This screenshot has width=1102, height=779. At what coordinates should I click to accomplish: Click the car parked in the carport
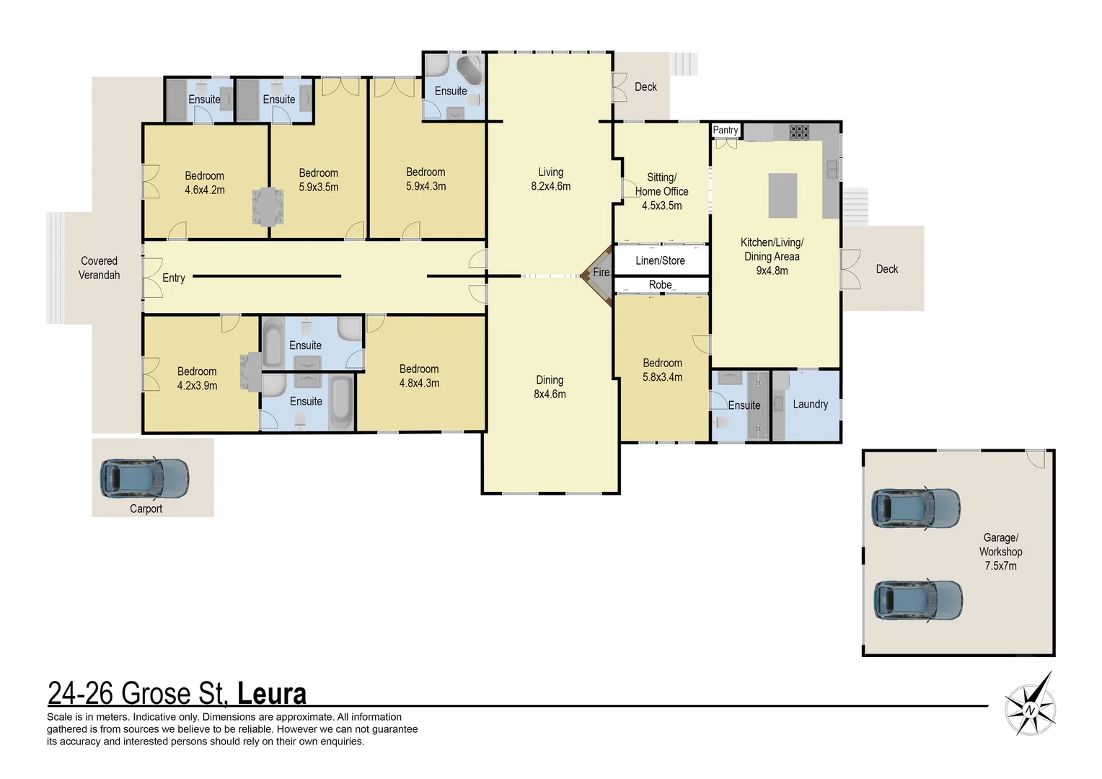[x=144, y=478]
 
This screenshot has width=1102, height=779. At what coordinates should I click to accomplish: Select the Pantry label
[x=726, y=131]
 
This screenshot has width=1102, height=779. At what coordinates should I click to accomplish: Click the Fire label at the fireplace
[x=601, y=272]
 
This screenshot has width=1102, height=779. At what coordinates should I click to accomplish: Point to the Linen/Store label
[x=660, y=260]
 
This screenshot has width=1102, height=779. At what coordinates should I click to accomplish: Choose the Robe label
[x=660, y=285]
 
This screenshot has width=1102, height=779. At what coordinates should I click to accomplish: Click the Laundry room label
[x=810, y=404]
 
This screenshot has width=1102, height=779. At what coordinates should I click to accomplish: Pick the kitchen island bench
[x=783, y=195]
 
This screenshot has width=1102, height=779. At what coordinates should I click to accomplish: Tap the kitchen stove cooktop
[x=799, y=132]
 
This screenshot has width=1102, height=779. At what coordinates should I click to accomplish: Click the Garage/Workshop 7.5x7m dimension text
[x=1000, y=566]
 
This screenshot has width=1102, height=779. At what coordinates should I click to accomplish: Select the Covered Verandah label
[x=100, y=268]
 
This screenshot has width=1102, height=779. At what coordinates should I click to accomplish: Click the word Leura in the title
[x=272, y=693]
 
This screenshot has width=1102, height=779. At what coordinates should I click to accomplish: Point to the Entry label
[x=174, y=278]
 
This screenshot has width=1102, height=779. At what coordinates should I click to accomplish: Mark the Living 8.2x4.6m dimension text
[x=550, y=186]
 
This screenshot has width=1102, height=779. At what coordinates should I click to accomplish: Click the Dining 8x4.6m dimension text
[x=550, y=394]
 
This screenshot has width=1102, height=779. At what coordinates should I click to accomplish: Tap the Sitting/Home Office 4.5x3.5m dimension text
[x=661, y=206]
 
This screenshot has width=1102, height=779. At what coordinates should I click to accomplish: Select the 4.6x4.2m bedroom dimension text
[x=205, y=190]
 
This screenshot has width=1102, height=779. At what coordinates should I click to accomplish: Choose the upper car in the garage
[x=915, y=508]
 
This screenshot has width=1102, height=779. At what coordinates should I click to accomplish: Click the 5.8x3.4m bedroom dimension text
[x=662, y=377]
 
